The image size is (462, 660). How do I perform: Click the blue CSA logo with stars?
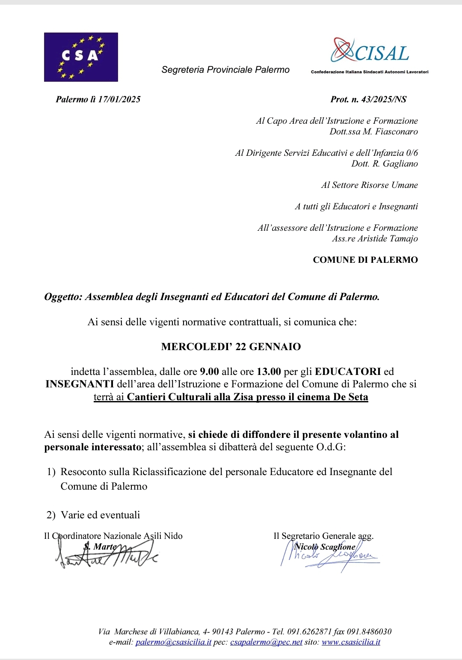(x=81, y=57)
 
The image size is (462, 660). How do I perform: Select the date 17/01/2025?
(x=119, y=99)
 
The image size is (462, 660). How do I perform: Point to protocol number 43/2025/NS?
(x=384, y=99)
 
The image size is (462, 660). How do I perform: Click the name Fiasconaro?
(x=396, y=131)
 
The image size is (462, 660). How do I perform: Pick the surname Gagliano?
(x=400, y=164)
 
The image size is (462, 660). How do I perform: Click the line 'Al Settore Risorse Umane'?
(x=369, y=185)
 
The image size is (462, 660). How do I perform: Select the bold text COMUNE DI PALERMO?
(x=365, y=260)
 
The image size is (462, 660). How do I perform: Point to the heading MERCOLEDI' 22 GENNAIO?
(x=231, y=347)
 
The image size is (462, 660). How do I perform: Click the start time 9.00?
(x=209, y=372)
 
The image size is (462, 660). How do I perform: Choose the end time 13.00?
(x=269, y=372)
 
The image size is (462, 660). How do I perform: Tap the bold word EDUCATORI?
(x=348, y=372)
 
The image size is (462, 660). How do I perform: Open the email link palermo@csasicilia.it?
(x=173, y=642)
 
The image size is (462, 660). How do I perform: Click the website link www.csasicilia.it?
(x=351, y=642)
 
